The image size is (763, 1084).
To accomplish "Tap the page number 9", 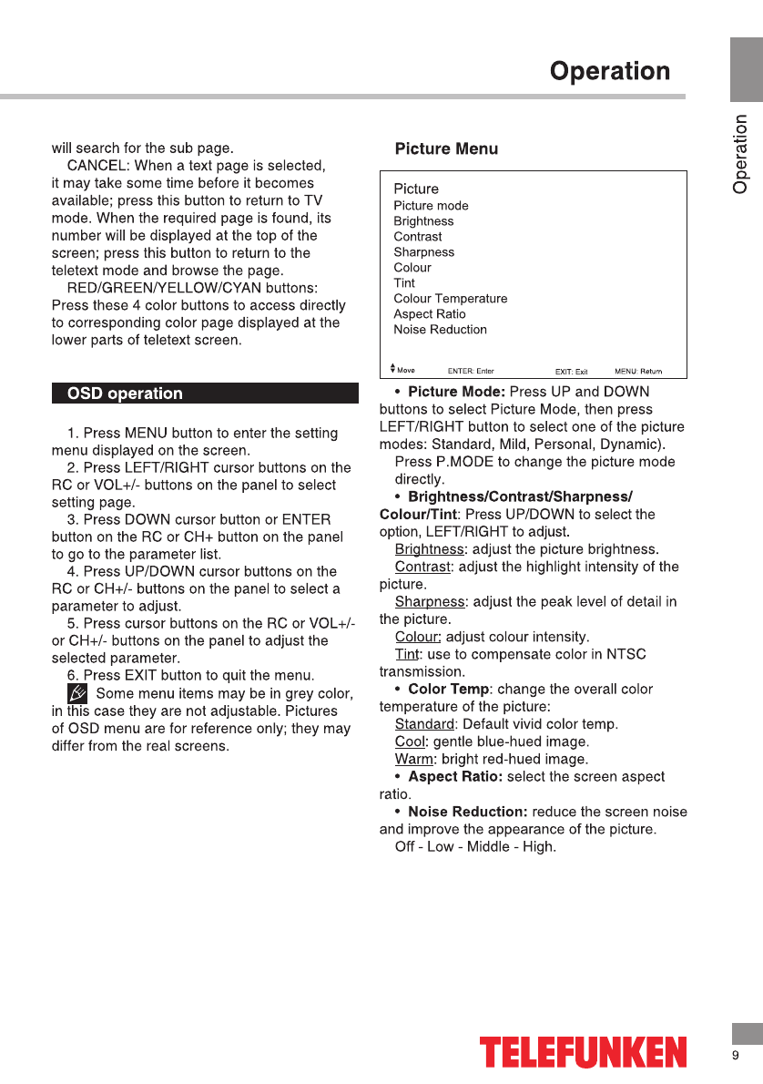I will click(735, 1056).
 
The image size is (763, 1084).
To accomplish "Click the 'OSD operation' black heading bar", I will click(205, 394).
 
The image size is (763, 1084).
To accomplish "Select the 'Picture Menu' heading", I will click(446, 148).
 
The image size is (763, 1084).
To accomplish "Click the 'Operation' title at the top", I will click(610, 71).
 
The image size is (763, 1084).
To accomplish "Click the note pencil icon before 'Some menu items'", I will click(79, 693).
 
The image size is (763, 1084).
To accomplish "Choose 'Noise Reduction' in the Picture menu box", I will click(440, 330).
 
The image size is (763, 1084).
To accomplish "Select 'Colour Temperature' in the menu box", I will click(450, 299).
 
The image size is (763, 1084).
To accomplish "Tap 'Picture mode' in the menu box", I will click(431, 206).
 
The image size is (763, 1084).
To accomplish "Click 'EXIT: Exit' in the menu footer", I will click(572, 372).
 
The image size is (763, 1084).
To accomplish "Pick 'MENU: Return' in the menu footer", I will click(638, 372).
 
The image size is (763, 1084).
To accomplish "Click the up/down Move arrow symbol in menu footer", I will click(392, 369).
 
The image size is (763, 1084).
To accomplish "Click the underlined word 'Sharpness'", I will click(429, 602).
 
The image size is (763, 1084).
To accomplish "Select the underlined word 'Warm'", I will click(413, 759).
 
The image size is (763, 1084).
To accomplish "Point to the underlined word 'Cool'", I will click(410, 741).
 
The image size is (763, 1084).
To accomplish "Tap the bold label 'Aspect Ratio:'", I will click(455, 777).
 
